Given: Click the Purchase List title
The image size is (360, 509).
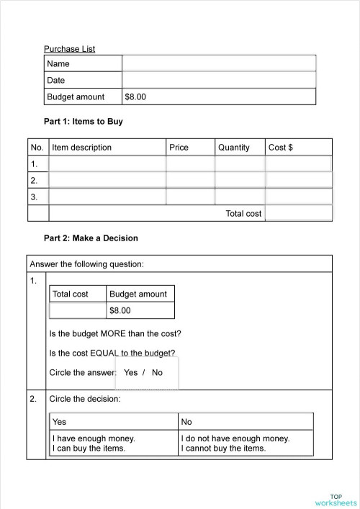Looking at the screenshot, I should (70, 49).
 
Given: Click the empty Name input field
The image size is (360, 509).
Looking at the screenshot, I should (219, 63).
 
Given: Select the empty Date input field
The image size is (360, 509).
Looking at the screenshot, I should (219, 80).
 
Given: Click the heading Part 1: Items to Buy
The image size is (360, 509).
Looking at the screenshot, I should (84, 122).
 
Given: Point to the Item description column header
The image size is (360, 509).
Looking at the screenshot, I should (82, 148).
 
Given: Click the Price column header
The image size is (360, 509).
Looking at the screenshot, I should (179, 148).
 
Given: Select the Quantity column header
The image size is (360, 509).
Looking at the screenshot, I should (234, 148).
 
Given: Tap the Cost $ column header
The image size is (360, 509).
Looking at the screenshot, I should (281, 148).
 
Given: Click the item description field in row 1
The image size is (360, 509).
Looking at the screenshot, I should (107, 164).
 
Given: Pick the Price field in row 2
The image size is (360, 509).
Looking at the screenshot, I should (190, 180).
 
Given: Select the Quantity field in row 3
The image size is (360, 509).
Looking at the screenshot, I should (240, 197).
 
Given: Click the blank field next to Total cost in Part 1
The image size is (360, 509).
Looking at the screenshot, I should (298, 213).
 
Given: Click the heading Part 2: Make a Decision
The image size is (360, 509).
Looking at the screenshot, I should (91, 238).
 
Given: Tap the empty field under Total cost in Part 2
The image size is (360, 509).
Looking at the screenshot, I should (78, 310).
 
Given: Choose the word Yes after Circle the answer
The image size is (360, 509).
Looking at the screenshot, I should (130, 373).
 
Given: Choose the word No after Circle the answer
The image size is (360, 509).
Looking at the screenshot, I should (158, 373).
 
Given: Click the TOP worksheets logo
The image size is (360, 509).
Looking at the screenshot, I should (336, 500).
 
